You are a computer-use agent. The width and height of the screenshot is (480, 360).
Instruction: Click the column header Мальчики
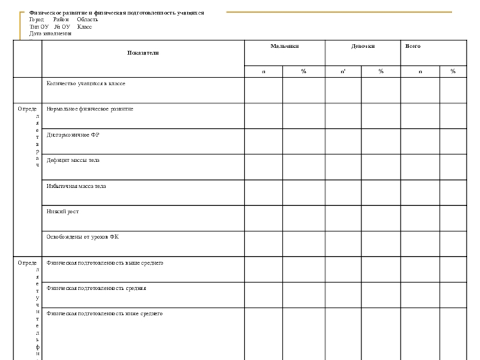point(284,46)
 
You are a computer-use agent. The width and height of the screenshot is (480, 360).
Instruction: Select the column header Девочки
point(362,46)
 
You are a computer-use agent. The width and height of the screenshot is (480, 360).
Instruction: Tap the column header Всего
point(413,46)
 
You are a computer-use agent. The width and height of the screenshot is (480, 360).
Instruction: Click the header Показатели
point(143,53)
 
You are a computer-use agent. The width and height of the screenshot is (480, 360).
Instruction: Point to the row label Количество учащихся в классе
point(86,83)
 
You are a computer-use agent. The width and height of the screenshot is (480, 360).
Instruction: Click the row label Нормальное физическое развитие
point(90,109)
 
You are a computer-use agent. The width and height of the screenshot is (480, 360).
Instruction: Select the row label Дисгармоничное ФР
point(73,134)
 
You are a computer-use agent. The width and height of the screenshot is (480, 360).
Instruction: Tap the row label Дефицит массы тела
point(73,160)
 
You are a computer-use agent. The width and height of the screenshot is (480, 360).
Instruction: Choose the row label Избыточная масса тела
point(77,186)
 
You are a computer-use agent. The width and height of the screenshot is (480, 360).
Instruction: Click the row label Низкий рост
point(63,211)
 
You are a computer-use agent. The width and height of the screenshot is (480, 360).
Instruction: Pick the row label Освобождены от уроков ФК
point(83,237)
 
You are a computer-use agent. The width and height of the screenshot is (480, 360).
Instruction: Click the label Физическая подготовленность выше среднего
point(105,263)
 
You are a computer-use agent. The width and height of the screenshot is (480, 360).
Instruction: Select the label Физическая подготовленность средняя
point(97,288)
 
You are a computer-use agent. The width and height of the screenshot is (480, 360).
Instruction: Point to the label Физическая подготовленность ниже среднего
point(104,313)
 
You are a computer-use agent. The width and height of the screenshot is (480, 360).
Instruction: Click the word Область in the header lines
point(88,20)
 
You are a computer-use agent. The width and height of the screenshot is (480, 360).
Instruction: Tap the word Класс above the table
point(85,27)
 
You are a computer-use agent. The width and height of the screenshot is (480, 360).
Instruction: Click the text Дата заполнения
point(50,34)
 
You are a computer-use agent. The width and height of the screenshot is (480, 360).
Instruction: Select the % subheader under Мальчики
point(304,71)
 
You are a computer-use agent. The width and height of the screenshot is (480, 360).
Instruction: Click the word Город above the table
point(37,20)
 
